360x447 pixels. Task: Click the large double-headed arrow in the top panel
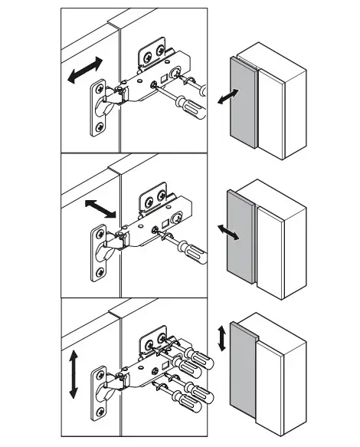click(82, 69)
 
